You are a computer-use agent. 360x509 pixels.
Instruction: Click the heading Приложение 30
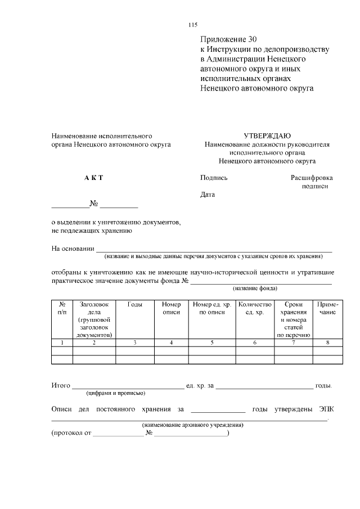click(228, 40)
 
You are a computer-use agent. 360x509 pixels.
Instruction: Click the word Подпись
click(214, 178)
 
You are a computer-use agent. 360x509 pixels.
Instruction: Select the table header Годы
click(135, 304)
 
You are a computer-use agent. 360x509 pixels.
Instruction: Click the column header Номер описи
click(171, 308)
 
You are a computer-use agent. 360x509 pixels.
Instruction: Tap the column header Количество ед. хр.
click(255, 308)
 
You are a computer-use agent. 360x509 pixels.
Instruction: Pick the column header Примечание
click(327, 308)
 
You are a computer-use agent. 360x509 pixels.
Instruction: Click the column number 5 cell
click(212, 342)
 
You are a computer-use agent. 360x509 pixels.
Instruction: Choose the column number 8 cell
click(327, 342)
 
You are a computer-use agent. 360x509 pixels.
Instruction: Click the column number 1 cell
click(62, 342)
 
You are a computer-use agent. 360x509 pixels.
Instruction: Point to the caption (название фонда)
click(256, 289)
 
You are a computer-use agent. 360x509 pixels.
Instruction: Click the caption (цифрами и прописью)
click(116, 393)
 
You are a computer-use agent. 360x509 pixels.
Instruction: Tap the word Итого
click(60, 386)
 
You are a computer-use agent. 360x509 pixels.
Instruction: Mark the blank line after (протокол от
click(119, 435)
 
